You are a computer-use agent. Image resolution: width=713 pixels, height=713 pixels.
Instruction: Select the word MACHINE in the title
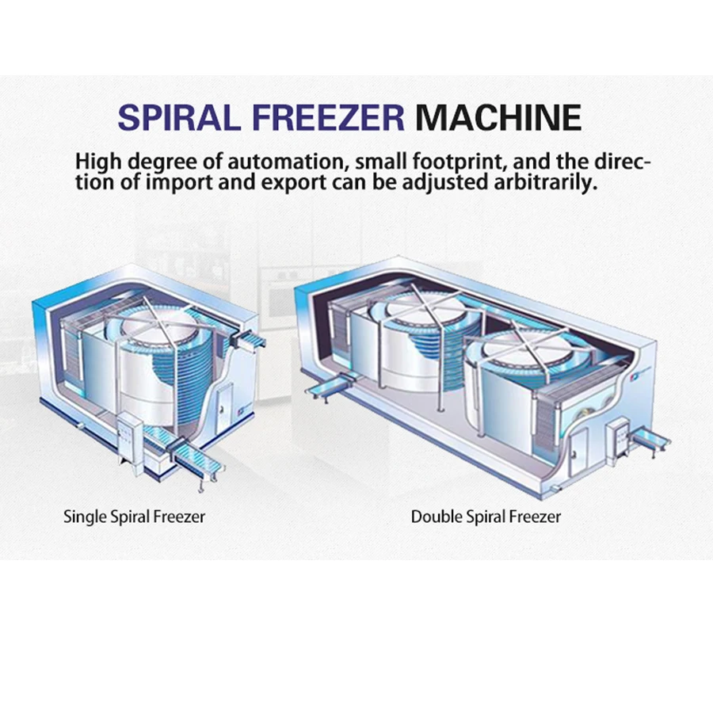[x=499, y=116]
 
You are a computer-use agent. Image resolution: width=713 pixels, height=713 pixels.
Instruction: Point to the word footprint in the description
[x=459, y=162]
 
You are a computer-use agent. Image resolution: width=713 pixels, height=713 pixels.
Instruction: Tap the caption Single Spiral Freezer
[x=134, y=517]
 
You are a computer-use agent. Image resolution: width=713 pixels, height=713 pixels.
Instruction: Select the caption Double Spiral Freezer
[x=486, y=517]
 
